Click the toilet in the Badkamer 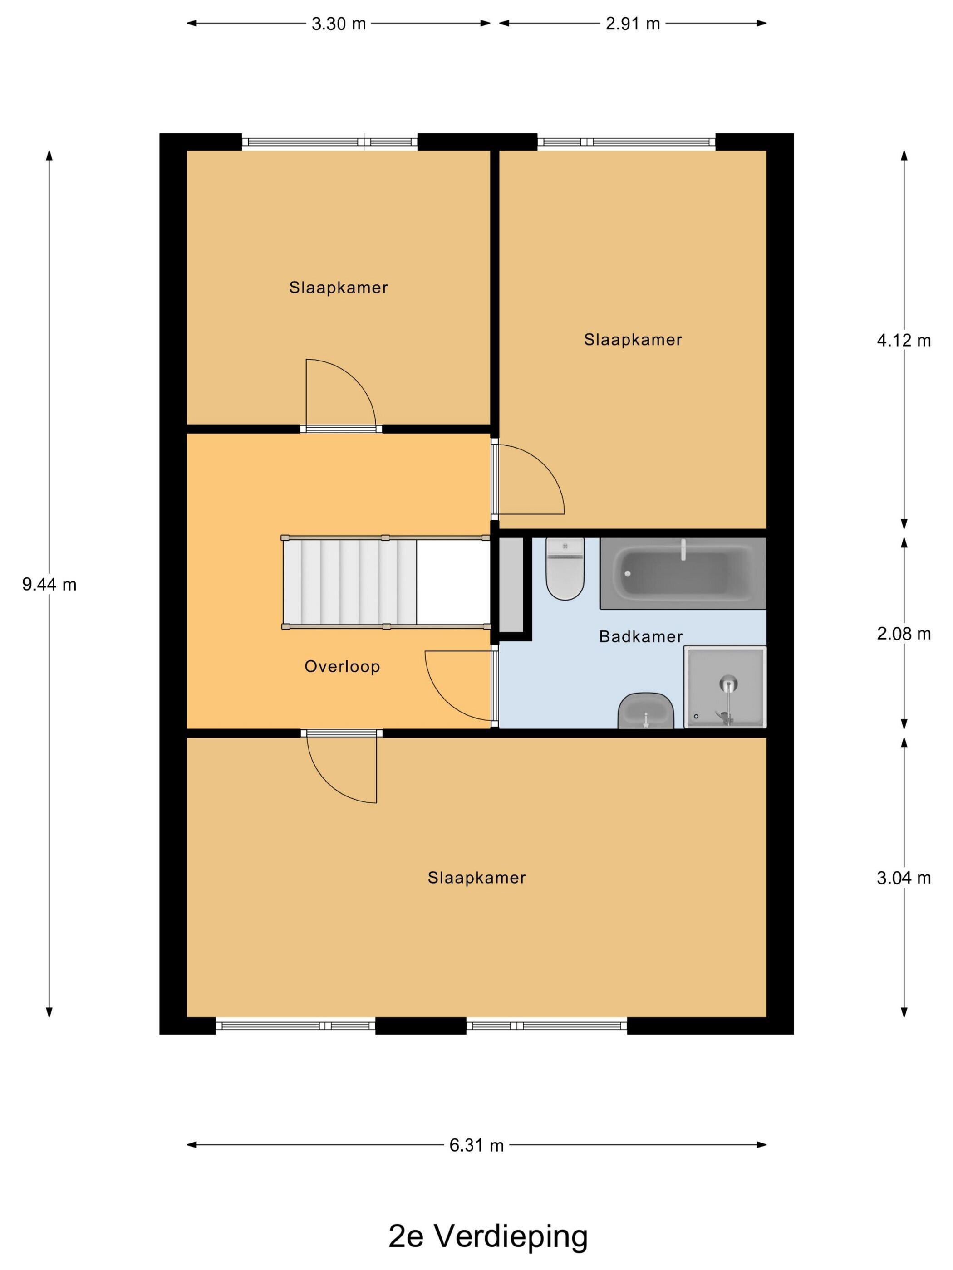pyautogui.click(x=565, y=568)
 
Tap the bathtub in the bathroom pyautogui.click(x=683, y=573)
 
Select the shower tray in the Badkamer pyautogui.click(x=725, y=687)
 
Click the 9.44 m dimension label pyautogui.click(x=49, y=585)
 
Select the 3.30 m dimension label pyautogui.click(x=339, y=24)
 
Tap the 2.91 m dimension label pyautogui.click(x=633, y=24)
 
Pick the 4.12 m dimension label pyautogui.click(x=904, y=341)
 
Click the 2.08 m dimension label pyautogui.click(x=904, y=634)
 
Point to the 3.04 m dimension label pyautogui.click(x=904, y=878)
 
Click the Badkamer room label pyautogui.click(x=640, y=636)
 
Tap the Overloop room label pyautogui.click(x=342, y=667)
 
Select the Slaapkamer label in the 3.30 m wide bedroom pyautogui.click(x=339, y=288)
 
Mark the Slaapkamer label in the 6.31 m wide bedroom pyautogui.click(x=476, y=878)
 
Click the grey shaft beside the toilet pyautogui.click(x=511, y=585)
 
